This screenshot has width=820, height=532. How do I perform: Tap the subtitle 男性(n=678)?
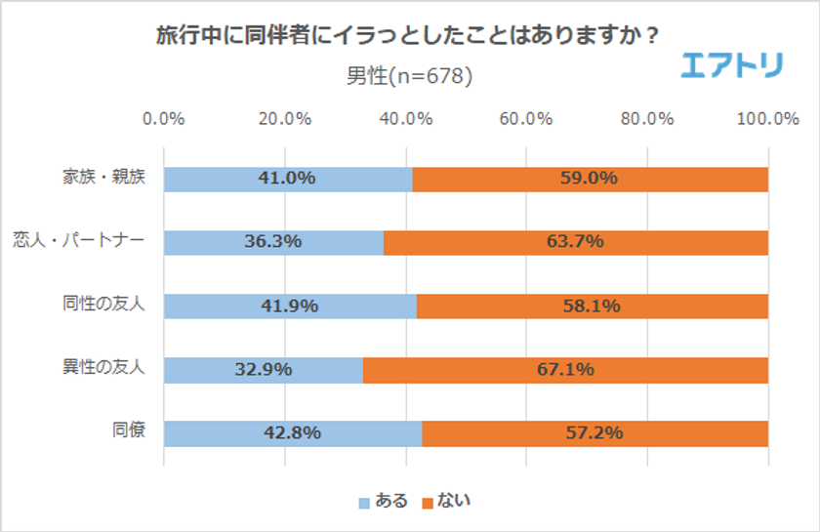(x=409, y=75)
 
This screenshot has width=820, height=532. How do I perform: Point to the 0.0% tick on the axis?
(x=164, y=119)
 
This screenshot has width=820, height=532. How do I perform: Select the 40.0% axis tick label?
(x=405, y=119)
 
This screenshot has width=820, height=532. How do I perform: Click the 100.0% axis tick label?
(x=767, y=119)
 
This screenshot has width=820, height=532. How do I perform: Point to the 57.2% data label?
(x=594, y=432)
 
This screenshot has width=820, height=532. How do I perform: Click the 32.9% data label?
(x=264, y=370)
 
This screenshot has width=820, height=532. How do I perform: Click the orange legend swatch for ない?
(x=427, y=502)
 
